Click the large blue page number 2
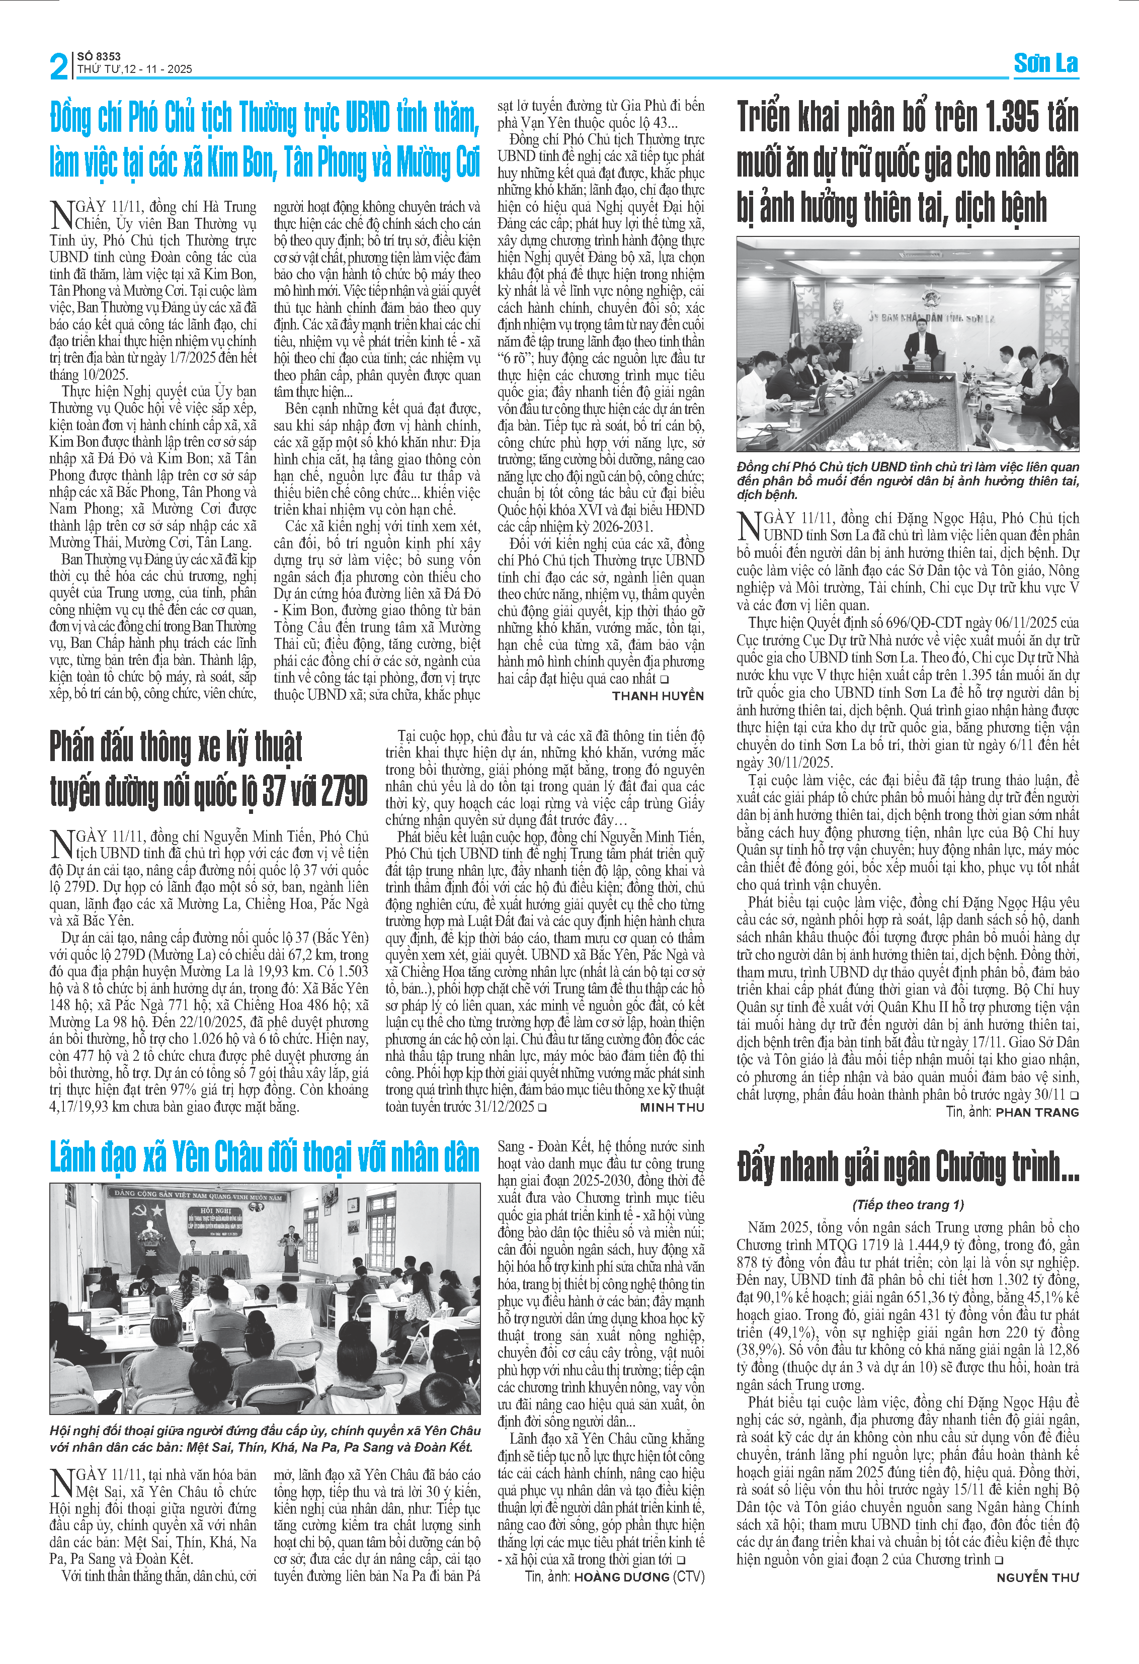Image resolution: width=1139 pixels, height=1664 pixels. coord(59,66)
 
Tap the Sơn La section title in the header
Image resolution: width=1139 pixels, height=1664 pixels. coord(1045,64)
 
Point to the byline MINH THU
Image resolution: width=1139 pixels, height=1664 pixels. coord(672,1107)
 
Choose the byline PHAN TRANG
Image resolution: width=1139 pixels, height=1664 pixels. coord(1037,1112)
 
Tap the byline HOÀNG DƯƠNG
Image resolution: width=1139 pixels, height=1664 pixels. coord(621,1576)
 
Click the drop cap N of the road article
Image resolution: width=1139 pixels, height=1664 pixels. coord(61,844)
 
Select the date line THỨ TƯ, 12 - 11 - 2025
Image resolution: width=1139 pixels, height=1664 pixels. coord(135,69)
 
